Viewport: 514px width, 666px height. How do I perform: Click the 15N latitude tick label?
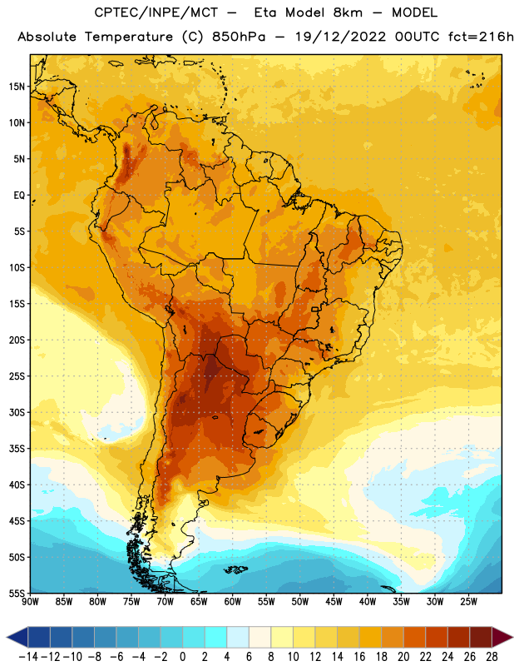click(x=17, y=87)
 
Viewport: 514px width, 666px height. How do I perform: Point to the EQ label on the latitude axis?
click(x=19, y=196)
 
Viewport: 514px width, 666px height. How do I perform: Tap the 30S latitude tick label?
click(x=17, y=412)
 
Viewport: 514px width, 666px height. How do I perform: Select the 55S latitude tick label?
click(x=17, y=594)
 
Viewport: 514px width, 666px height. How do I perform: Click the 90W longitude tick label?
click(x=30, y=602)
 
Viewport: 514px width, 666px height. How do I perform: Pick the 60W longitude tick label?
click(x=233, y=602)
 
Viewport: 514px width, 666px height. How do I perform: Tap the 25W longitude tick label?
click(x=468, y=602)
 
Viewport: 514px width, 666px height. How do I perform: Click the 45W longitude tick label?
click(x=334, y=602)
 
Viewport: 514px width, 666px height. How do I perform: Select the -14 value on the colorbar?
click(x=28, y=657)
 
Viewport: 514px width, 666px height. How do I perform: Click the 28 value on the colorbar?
click(x=492, y=657)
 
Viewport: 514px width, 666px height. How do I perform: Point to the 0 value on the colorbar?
click(x=182, y=657)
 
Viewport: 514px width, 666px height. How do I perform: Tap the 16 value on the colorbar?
click(x=359, y=657)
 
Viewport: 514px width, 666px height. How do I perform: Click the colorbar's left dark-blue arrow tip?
click(x=7, y=637)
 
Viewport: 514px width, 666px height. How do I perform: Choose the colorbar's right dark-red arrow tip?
click(x=512, y=637)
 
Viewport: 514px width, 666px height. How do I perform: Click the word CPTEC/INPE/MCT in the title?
click(x=156, y=12)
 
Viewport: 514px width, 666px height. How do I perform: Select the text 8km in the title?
click(x=348, y=12)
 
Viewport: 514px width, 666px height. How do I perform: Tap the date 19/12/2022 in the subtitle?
click(x=340, y=37)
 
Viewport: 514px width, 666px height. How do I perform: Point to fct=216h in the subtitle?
click(x=481, y=37)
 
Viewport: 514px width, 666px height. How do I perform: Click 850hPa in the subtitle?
click(x=239, y=37)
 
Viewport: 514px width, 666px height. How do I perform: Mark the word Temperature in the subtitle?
click(x=129, y=37)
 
